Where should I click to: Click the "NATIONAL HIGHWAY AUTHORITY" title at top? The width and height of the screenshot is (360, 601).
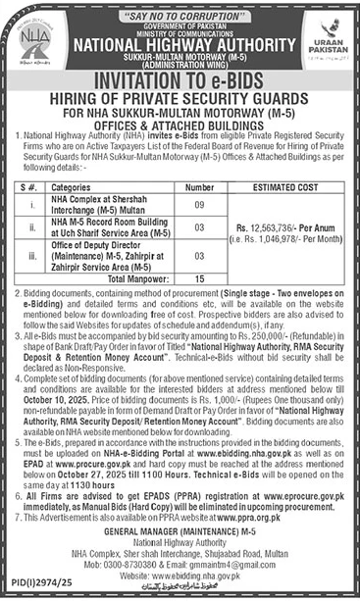pyautogui.click(x=180, y=43)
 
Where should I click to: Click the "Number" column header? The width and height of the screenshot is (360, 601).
pyautogui.click(x=199, y=186)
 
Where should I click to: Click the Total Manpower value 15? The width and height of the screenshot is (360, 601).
pyautogui.click(x=199, y=278)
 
